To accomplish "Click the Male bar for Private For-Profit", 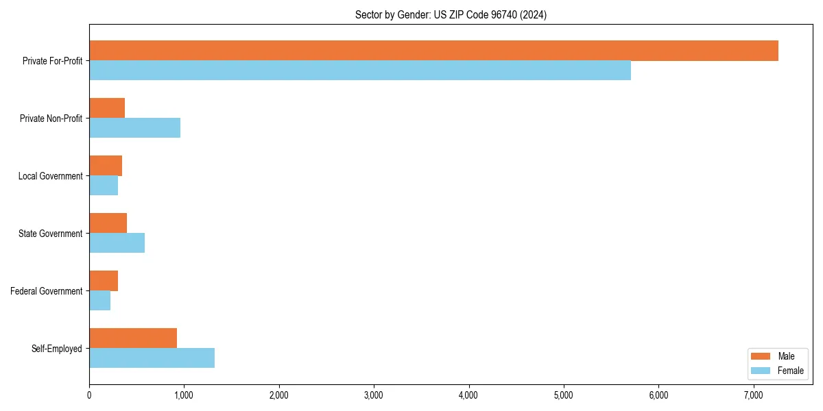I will point(433,51).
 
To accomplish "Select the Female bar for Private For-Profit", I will point(360,71).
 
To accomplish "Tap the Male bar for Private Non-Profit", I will point(107,108).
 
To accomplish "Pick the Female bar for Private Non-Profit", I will point(134,128).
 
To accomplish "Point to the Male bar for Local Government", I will point(106,166).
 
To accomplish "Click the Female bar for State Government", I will point(117,243).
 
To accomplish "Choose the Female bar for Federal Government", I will point(99,301).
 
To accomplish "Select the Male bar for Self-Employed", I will point(133,338).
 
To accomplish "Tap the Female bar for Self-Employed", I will point(152,358).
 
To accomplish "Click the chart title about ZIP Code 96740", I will point(451,14).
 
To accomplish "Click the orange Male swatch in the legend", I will point(761,356).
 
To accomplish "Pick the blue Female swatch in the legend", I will point(761,371).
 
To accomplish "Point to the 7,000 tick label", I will point(753,395).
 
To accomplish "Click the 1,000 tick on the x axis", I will point(184,395).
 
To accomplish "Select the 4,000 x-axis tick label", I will point(468,395).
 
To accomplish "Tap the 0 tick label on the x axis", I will point(89,395).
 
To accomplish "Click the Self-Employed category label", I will point(57,349).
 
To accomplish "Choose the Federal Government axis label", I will point(47,291).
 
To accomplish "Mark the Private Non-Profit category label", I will point(51,119).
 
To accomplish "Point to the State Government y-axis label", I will point(51,234).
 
